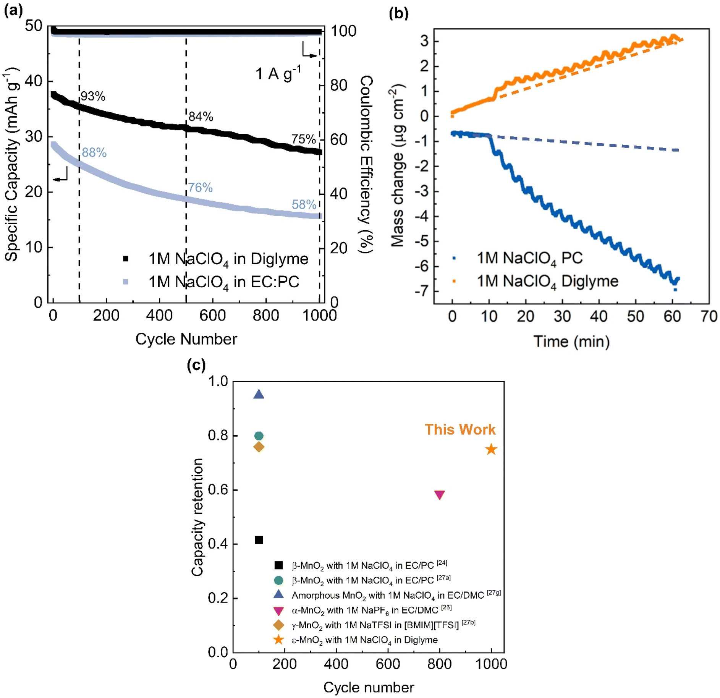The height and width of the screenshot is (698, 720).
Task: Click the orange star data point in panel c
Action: [491, 449]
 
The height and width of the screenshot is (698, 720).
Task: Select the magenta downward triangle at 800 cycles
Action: [440, 495]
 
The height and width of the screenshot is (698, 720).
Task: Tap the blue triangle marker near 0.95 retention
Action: [259, 395]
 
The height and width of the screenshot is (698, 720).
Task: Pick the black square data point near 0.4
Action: [259, 540]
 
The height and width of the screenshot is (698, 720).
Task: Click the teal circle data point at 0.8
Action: [259, 436]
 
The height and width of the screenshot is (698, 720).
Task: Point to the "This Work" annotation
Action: [460, 429]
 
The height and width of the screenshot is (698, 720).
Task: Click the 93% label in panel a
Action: [93, 96]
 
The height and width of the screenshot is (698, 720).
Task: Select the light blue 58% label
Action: [304, 204]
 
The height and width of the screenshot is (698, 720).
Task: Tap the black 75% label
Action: [303, 139]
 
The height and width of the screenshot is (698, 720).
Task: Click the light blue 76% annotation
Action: [200, 187]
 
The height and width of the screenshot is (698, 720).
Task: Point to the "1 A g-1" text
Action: [278, 73]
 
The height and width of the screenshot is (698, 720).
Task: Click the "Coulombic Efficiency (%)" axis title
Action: [366, 164]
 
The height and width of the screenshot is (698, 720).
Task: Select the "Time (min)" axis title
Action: [571, 341]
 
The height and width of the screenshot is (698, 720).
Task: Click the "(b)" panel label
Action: [398, 13]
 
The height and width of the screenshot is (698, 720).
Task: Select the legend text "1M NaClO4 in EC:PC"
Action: [223, 282]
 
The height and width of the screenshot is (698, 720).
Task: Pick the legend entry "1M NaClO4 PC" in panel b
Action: [529, 258]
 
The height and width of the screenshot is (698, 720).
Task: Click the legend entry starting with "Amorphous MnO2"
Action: [396, 595]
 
